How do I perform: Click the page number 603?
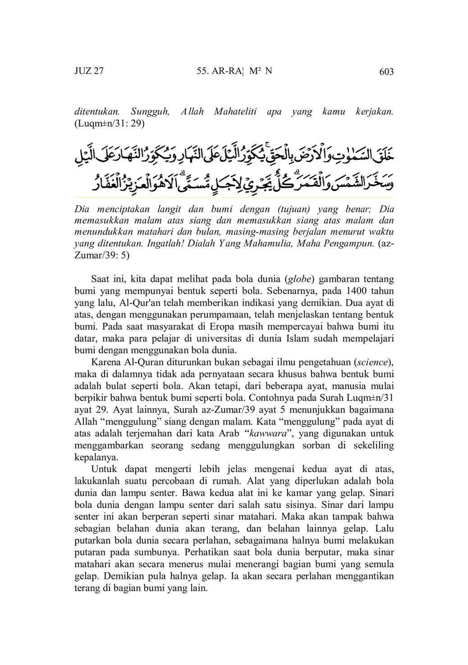click(x=386, y=72)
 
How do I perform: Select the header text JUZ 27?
click(x=89, y=71)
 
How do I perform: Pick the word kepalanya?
click(x=96, y=457)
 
